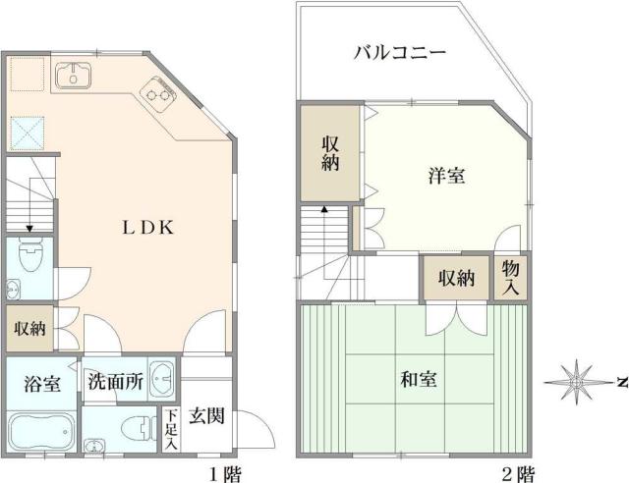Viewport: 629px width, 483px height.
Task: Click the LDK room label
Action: pyautogui.click(x=147, y=228)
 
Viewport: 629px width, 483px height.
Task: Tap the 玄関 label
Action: pyautogui.click(x=206, y=414)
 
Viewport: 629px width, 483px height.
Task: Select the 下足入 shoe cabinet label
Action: pyautogui.click(x=170, y=430)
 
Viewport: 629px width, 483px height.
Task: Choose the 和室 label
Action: pyautogui.click(x=420, y=378)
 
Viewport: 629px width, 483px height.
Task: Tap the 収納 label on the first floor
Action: pyautogui.click(x=29, y=329)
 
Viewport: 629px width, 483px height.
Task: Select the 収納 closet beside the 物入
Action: pyautogui.click(x=457, y=278)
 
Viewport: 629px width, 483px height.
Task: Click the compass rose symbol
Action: pyautogui.click(x=578, y=381)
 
